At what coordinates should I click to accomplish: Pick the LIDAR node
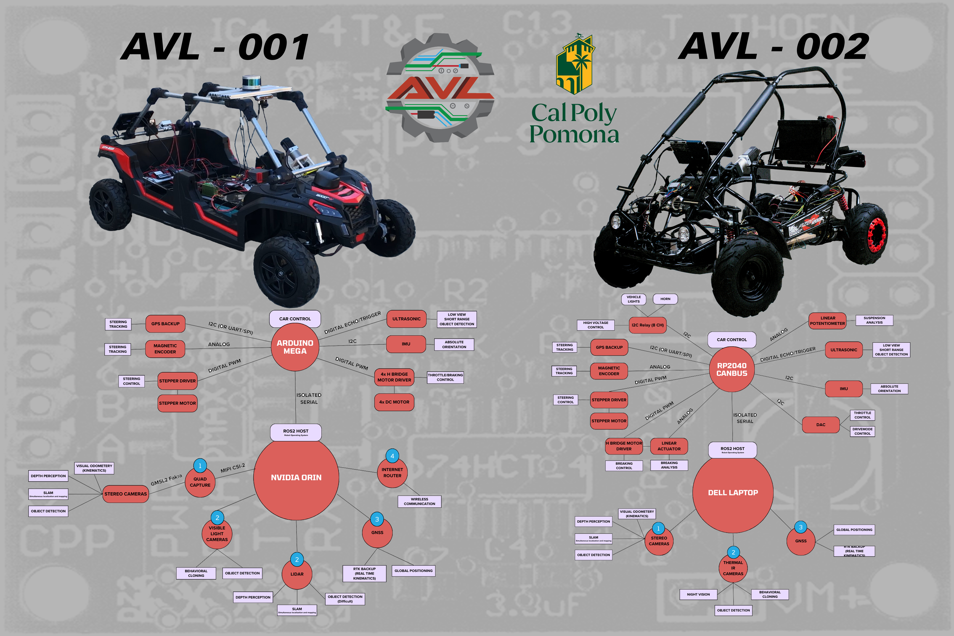297,574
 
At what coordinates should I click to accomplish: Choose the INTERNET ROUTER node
392,473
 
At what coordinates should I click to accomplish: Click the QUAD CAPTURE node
200,482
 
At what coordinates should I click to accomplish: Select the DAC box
821,425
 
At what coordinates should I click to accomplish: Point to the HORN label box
665,299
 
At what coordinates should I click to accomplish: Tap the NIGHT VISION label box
698,594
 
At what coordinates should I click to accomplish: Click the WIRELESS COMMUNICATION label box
419,501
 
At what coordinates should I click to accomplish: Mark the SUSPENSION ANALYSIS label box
874,320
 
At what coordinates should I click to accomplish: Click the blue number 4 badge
392,456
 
